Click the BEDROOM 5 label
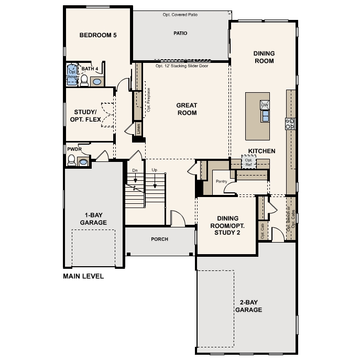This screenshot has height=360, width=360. [97, 36]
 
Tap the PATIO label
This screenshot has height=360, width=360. [180, 33]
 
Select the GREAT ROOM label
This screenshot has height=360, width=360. [187, 109]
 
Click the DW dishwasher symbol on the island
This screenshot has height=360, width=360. [265, 105]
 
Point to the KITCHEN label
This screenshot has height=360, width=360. [261, 151]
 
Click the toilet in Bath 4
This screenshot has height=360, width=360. [84, 80]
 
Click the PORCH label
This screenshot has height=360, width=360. [159, 239]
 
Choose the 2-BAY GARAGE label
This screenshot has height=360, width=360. [248, 307]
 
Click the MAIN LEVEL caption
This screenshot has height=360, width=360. [83, 276]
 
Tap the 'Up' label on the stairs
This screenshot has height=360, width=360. [155, 170]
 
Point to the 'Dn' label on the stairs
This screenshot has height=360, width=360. [135, 170]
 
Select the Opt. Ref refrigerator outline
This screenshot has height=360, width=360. [248, 162]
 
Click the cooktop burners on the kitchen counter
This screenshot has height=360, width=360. [289, 124]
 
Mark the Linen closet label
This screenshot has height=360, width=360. [139, 129]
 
